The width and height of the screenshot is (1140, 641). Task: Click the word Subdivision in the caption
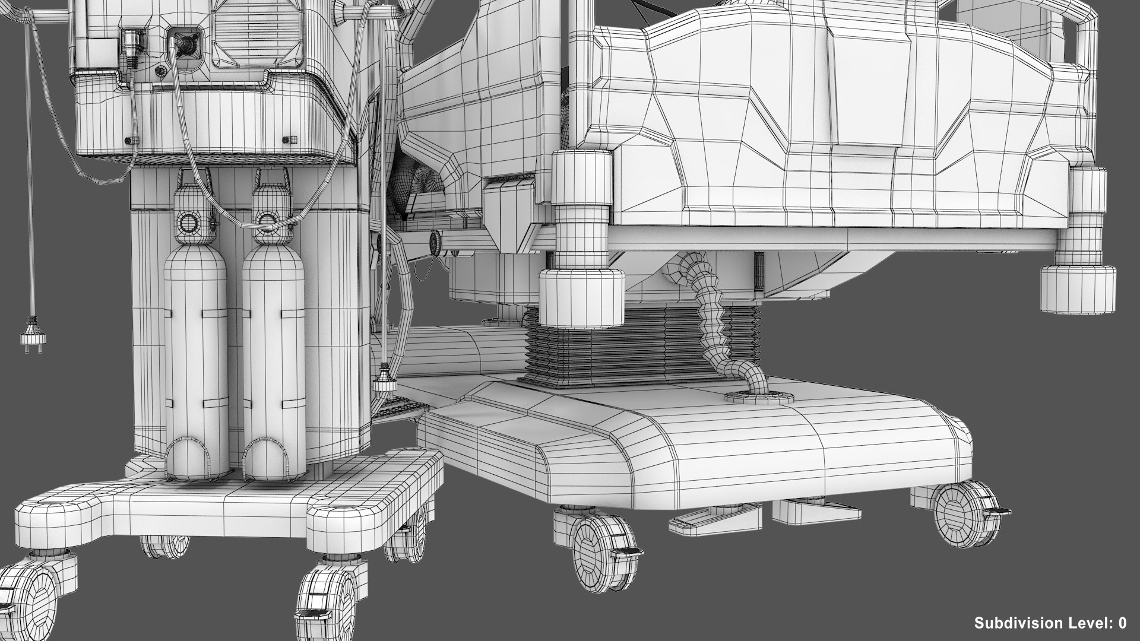(1012, 623)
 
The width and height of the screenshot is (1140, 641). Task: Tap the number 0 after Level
(1122, 623)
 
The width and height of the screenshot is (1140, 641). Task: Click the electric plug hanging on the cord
(27, 338)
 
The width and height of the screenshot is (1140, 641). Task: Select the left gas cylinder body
(195, 350)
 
